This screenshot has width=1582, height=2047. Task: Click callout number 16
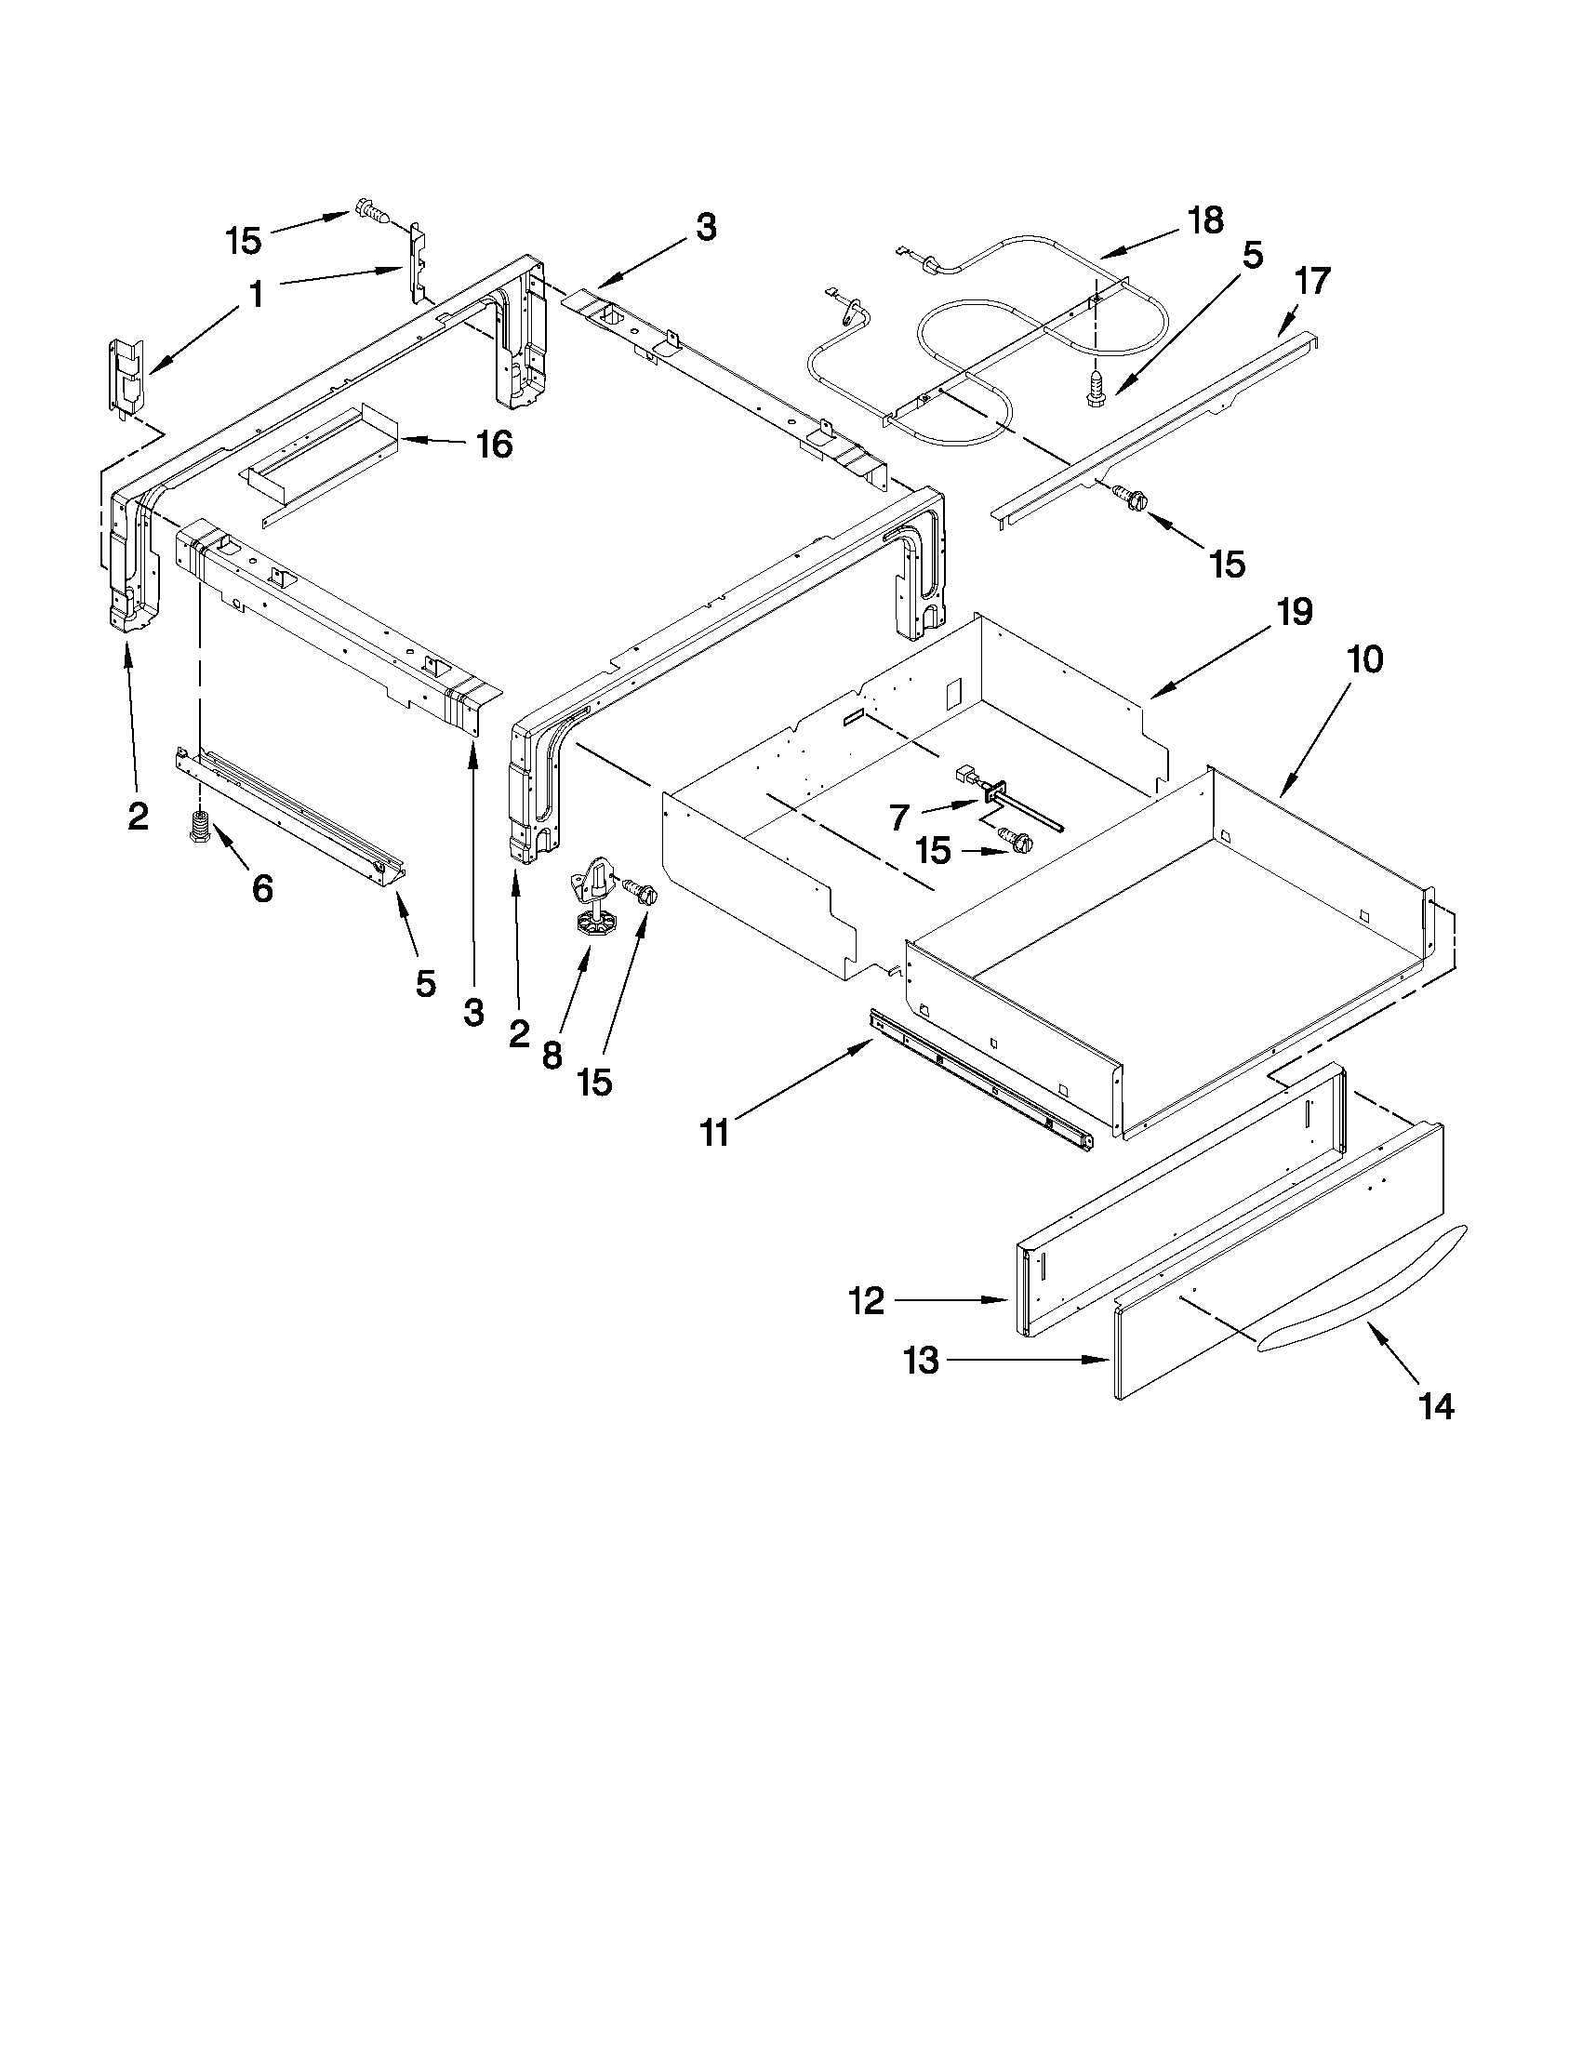click(495, 445)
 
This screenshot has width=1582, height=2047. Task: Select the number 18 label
click(1205, 221)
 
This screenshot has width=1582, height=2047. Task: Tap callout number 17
click(1312, 280)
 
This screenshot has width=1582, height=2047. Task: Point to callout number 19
click(1294, 612)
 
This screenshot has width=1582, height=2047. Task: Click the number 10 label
click(1364, 659)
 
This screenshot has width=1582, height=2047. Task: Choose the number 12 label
click(866, 1300)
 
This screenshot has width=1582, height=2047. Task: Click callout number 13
click(923, 1360)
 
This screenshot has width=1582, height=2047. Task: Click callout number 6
click(262, 887)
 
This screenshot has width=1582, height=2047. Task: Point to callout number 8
click(552, 1056)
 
